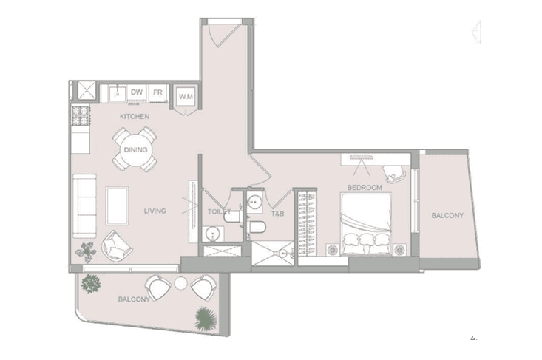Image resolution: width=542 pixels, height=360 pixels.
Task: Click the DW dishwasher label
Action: pos(137,92)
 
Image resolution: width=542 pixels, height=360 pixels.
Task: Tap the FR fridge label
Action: pos(157,92)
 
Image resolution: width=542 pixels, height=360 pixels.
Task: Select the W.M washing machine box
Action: pos(186,95)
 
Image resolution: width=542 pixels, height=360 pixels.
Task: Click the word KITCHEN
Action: pos(135,117)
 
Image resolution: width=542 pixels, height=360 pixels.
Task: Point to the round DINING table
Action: pos(135,149)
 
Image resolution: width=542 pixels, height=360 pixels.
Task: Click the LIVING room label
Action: pos(155,211)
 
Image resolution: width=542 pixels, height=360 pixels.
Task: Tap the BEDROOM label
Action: pos(365,188)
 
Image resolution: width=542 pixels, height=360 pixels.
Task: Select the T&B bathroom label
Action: pos(277,214)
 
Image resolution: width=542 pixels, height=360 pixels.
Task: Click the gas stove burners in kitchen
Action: pos(81,116)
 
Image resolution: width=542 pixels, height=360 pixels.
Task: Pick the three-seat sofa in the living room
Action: pos(85,206)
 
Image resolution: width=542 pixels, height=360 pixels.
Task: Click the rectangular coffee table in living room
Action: pos(117,206)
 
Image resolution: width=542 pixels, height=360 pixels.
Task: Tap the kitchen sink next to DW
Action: pos(118,94)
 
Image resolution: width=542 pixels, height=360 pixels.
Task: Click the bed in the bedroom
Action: pos(366,224)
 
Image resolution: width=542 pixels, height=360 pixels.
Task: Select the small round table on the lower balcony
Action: pos(180,284)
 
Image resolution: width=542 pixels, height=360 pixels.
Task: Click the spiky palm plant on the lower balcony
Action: pos(206,319)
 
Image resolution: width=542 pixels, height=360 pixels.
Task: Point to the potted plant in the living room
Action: pos(86,251)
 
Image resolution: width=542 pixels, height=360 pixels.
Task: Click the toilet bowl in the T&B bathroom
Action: pos(257,227)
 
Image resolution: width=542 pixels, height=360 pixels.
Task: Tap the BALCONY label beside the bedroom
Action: pos(447,215)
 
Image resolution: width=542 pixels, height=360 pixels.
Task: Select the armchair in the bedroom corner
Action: pos(394,174)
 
